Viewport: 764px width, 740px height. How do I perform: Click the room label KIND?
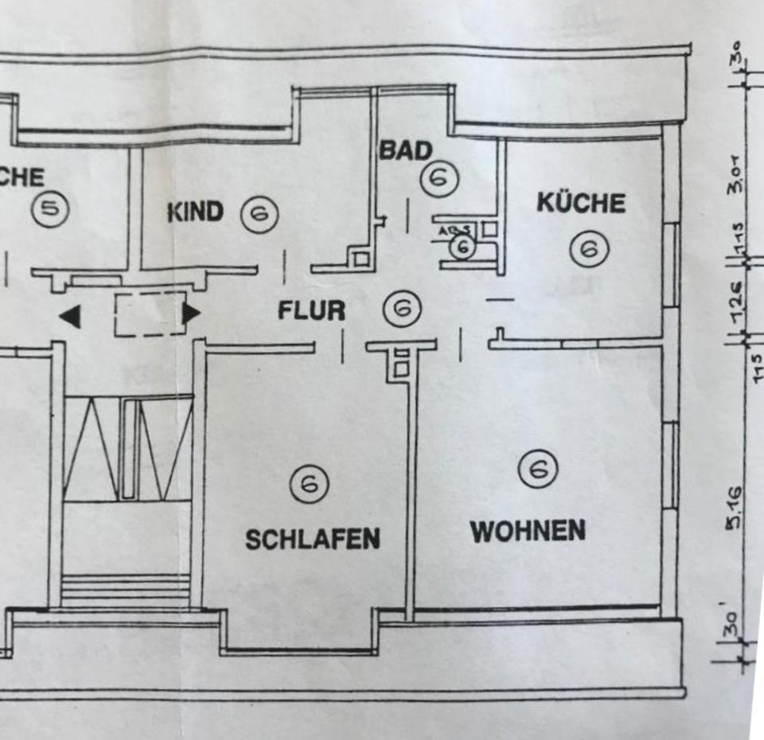coord(195,213)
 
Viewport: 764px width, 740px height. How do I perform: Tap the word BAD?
coord(405,150)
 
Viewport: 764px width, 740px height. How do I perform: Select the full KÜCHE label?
coord(581,202)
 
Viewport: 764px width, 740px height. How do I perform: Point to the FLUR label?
coord(311,310)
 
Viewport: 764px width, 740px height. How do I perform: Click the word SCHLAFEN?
coord(312,539)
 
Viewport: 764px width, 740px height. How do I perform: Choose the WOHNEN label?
coord(528,531)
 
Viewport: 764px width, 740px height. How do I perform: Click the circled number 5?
coord(50,210)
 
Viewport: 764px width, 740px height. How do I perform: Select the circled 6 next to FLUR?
coord(402,308)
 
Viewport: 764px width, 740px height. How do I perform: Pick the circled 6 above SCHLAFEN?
coord(310,482)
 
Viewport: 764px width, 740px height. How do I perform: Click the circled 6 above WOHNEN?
coord(538,469)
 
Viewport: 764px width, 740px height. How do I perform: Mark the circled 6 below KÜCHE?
coord(589,249)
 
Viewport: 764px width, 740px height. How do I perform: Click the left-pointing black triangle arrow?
coord(71,317)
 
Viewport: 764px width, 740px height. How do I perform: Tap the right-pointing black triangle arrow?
coord(191,314)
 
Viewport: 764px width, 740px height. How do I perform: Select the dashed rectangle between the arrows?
coord(150,314)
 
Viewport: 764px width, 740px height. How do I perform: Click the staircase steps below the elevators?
coord(126,590)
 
